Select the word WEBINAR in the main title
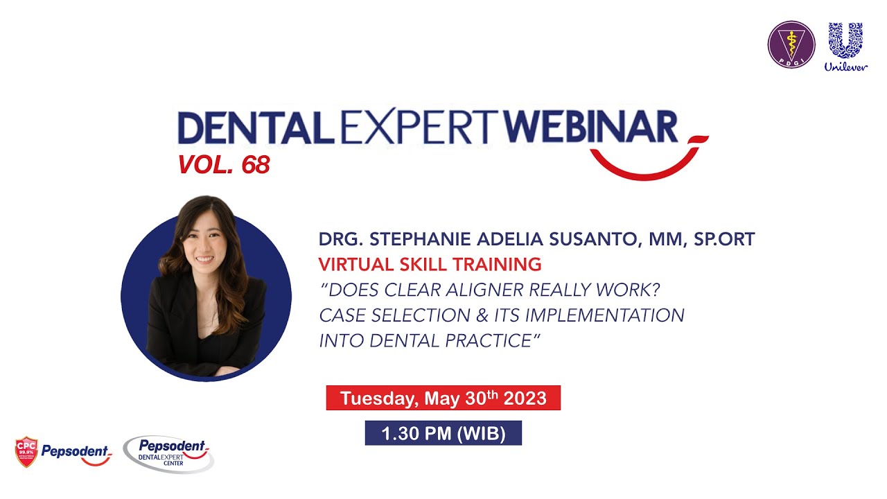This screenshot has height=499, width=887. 590,129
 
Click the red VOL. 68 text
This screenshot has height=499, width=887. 223,165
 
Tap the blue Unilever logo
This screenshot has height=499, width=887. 845,46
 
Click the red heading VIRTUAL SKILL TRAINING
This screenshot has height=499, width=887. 430,264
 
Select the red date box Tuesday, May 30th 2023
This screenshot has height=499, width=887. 443,399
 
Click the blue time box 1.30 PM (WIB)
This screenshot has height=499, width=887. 443,434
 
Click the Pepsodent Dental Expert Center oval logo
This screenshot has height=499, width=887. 168,454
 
